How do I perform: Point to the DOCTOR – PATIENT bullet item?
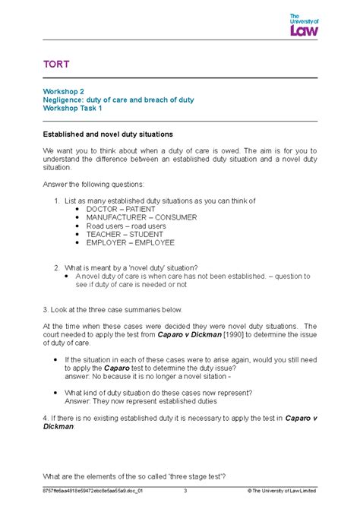click(121, 209)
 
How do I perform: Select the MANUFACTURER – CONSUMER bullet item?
click(141, 217)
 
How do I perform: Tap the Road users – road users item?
click(125, 226)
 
